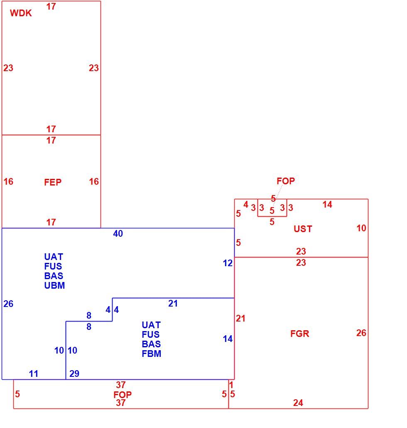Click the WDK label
21,13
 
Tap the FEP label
53,182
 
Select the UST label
303,229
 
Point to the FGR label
299,334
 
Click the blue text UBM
54,285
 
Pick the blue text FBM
151,354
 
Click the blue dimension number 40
118,233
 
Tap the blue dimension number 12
228,263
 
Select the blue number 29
74,374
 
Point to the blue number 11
34,374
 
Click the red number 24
298,403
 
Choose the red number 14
327,205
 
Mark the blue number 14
228,339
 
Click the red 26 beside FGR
361,333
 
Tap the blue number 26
8,304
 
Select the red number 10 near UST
361,228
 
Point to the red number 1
231,385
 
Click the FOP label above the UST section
286,181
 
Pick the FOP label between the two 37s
123,394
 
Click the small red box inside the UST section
272,216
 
